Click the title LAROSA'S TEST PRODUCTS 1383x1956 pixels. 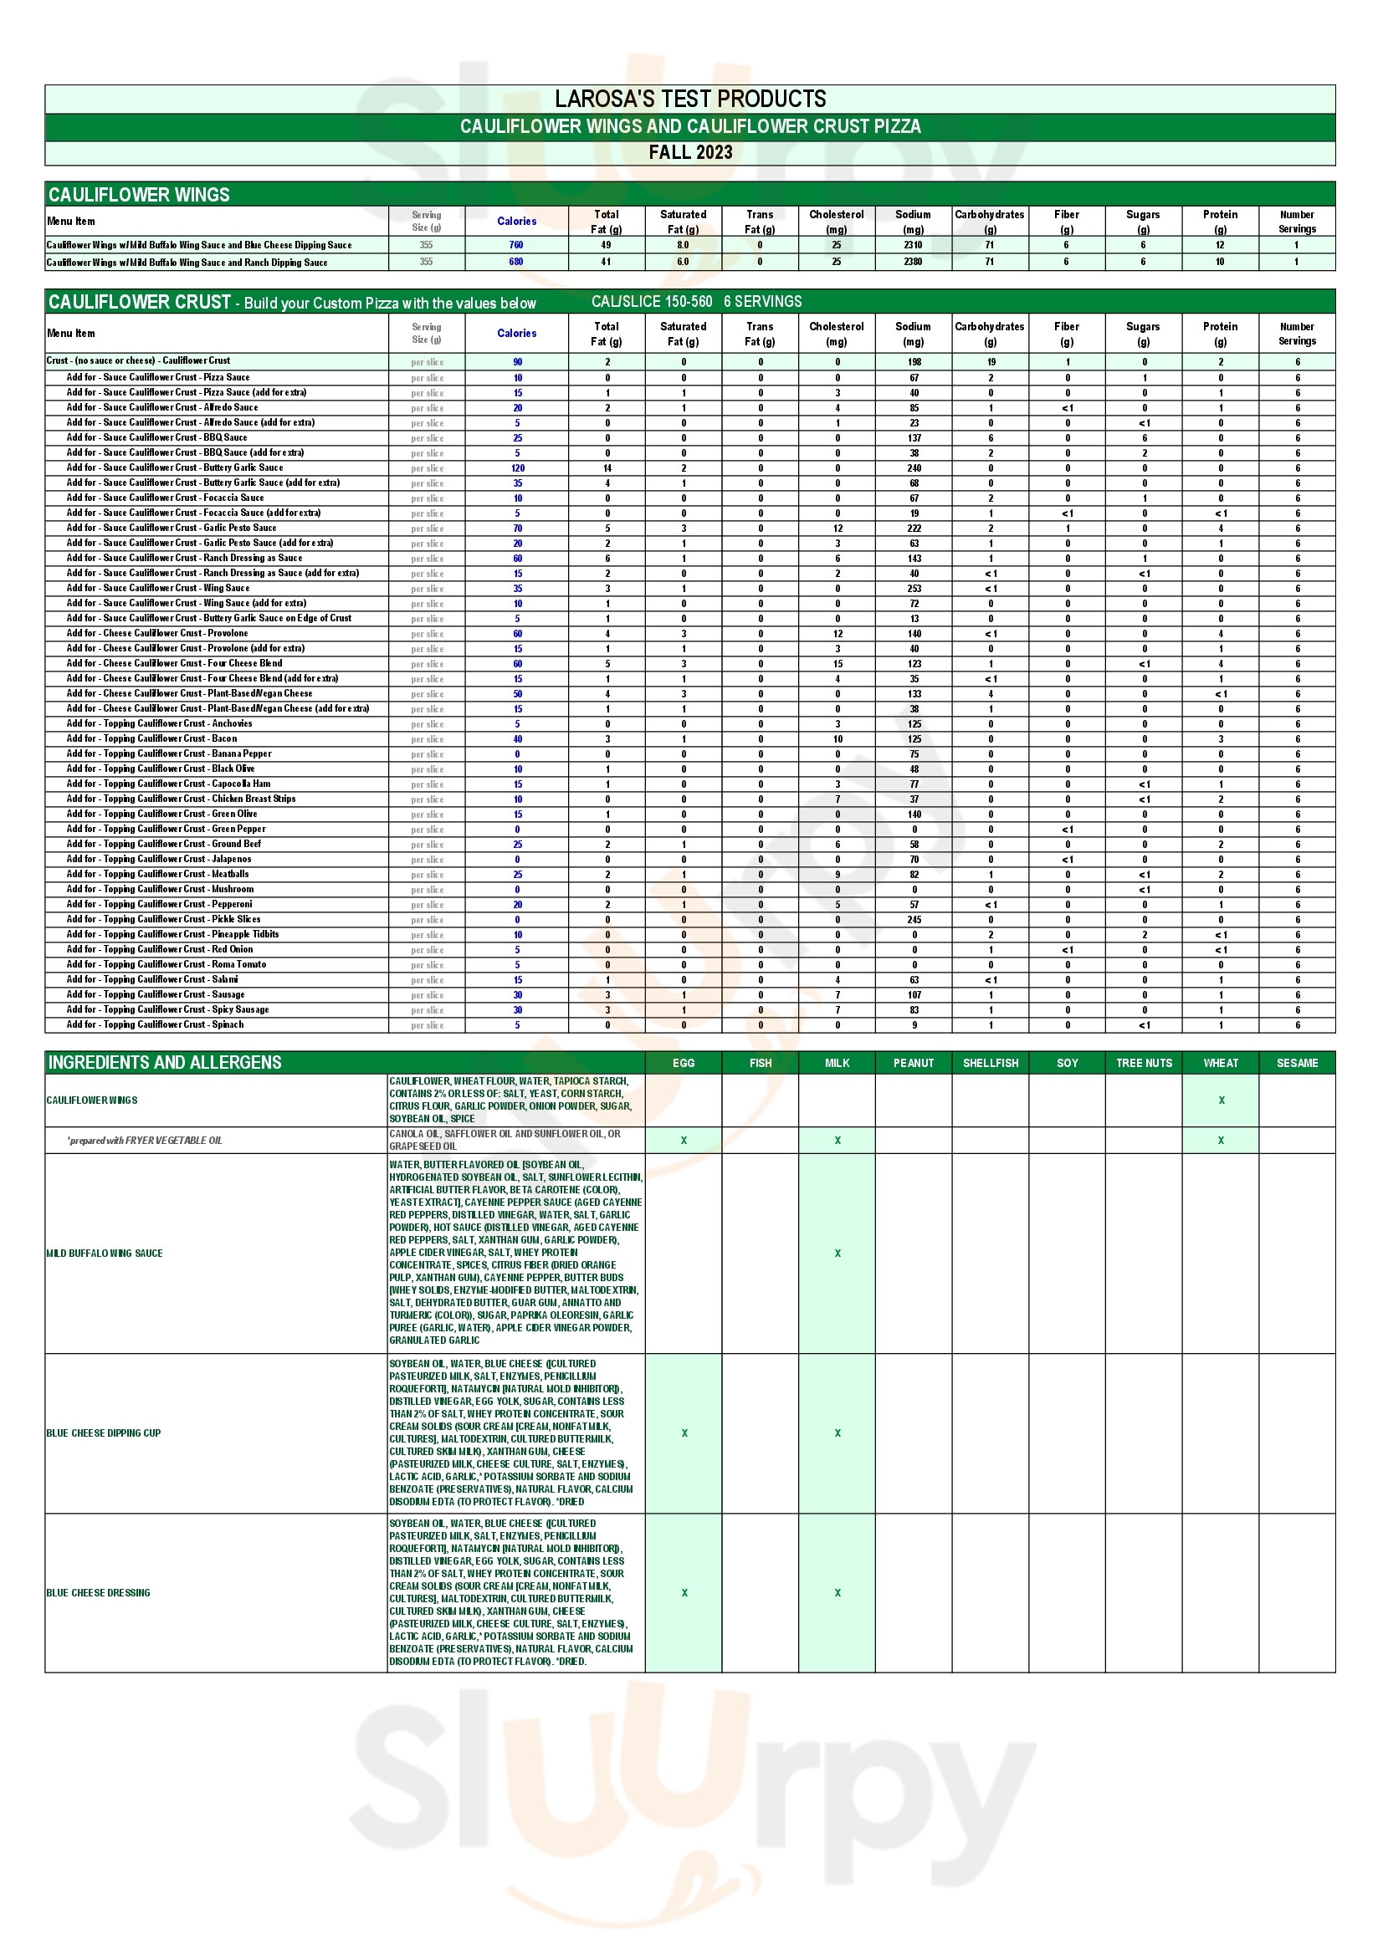point(690,99)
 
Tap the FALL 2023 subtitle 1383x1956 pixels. point(690,152)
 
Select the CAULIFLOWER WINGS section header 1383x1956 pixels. point(139,195)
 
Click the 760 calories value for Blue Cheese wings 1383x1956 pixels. point(516,245)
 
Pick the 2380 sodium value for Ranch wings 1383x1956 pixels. point(913,263)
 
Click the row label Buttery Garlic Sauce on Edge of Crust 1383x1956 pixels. point(209,619)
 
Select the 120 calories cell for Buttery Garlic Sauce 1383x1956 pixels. point(517,468)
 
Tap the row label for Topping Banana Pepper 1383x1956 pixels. point(169,754)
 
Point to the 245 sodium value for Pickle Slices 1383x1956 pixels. point(914,920)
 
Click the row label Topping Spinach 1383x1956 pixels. point(155,1025)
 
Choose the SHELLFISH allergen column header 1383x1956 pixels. point(990,1063)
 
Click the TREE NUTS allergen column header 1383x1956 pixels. point(1144,1063)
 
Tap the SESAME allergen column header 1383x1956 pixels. point(1297,1063)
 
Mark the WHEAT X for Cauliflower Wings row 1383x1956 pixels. point(1221,1101)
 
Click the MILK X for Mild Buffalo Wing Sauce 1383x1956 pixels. point(837,1254)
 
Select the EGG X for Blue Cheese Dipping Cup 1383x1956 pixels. point(684,1433)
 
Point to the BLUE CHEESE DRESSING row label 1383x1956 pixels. point(98,1592)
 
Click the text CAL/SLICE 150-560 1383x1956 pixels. point(652,302)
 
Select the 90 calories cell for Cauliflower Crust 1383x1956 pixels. point(517,362)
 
